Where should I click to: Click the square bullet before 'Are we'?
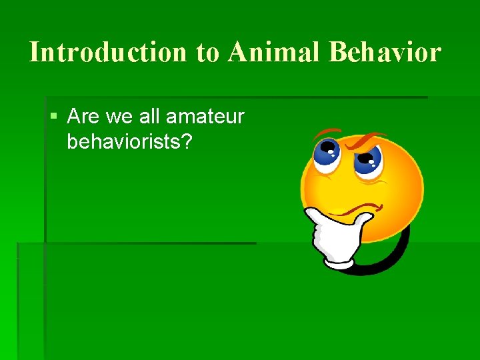[54, 117]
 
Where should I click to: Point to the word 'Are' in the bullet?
[83, 117]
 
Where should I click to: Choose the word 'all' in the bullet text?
[150, 117]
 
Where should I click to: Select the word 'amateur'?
[205, 118]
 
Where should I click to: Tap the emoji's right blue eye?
[367, 159]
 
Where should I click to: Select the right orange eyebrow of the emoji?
[367, 140]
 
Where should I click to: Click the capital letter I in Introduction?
[35, 52]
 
